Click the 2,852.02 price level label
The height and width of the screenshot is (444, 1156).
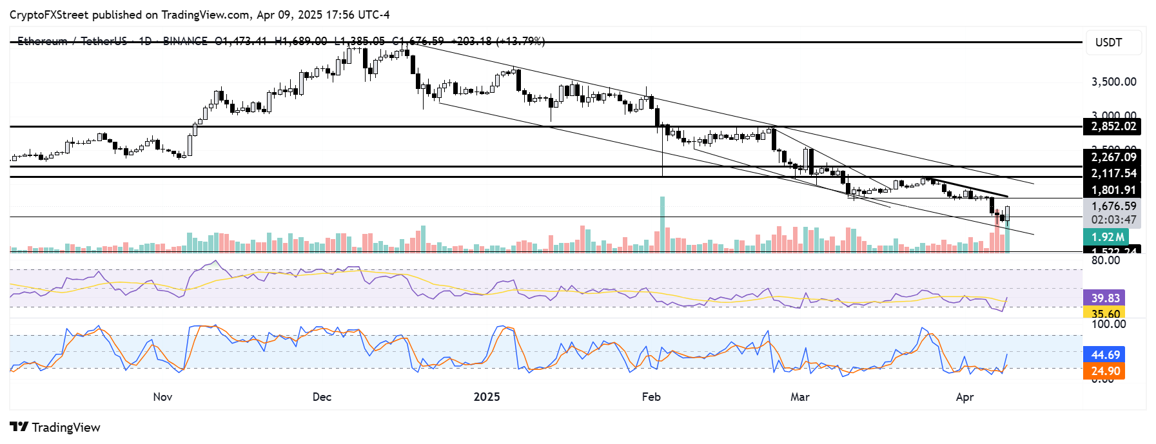pos(1113,126)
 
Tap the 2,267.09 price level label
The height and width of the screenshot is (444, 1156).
pos(1113,157)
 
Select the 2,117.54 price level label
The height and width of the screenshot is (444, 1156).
pos(1113,173)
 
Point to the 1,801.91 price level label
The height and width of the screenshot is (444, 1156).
pos(1113,190)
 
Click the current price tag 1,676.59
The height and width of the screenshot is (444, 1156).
pos(1113,206)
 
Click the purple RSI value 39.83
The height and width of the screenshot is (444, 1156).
pos(1105,298)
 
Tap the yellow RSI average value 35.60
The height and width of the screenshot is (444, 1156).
pos(1105,314)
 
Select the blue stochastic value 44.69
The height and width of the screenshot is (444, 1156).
pos(1105,354)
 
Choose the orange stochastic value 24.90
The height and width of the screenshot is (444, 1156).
pos(1105,371)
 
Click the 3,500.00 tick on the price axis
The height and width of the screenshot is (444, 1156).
pos(1113,82)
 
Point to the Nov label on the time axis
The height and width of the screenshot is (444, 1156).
pos(162,397)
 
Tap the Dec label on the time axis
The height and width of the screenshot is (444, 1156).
pos(322,397)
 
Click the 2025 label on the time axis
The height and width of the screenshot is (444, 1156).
pos(487,397)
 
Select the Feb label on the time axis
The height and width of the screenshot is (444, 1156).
pos(651,397)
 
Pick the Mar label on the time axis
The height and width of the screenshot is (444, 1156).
pos(800,397)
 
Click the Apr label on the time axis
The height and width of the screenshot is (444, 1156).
pos(965,397)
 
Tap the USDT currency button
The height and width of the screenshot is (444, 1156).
pos(1108,43)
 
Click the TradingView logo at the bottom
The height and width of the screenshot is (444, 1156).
pos(55,427)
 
